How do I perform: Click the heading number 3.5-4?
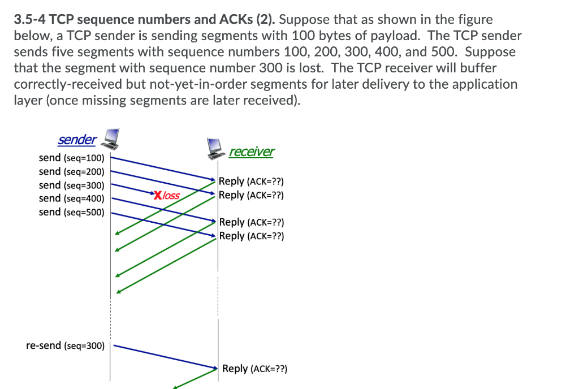point(30,20)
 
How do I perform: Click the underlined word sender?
point(77,139)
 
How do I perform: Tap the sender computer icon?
point(110,137)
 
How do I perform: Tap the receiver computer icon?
point(215,148)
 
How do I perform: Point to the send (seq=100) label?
point(71,158)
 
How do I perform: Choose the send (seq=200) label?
point(71,171)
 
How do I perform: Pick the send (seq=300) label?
point(71,185)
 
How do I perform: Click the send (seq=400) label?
point(71,198)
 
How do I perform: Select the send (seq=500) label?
point(71,212)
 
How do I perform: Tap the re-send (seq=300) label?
point(65,345)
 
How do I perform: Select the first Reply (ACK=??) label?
point(251,181)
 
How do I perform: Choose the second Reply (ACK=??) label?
point(251,195)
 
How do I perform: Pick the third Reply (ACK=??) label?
point(251,222)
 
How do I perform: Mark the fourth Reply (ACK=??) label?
point(251,236)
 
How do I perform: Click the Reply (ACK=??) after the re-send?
point(254,369)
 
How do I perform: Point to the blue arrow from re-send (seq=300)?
point(164,356)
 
